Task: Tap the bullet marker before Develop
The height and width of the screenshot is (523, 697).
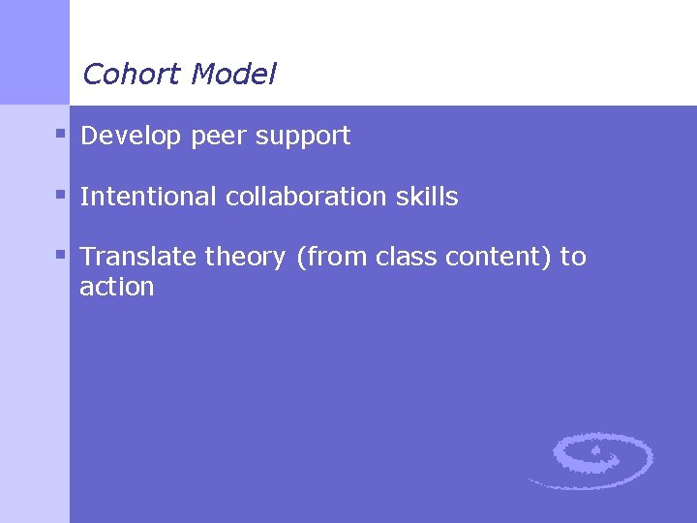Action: click(x=60, y=133)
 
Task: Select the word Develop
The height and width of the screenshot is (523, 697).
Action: click(x=131, y=137)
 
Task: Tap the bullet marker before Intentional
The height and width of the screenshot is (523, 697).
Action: click(x=60, y=194)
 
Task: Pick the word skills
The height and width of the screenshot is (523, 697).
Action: click(x=427, y=197)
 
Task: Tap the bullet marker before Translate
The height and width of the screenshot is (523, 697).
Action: click(x=60, y=254)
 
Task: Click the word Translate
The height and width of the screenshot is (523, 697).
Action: click(x=137, y=257)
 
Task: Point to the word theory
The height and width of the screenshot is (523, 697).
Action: click(x=245, y=259)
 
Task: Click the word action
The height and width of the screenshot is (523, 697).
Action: click(x=117, y=287)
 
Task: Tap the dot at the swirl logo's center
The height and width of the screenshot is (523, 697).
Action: click(x=597, y=451)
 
